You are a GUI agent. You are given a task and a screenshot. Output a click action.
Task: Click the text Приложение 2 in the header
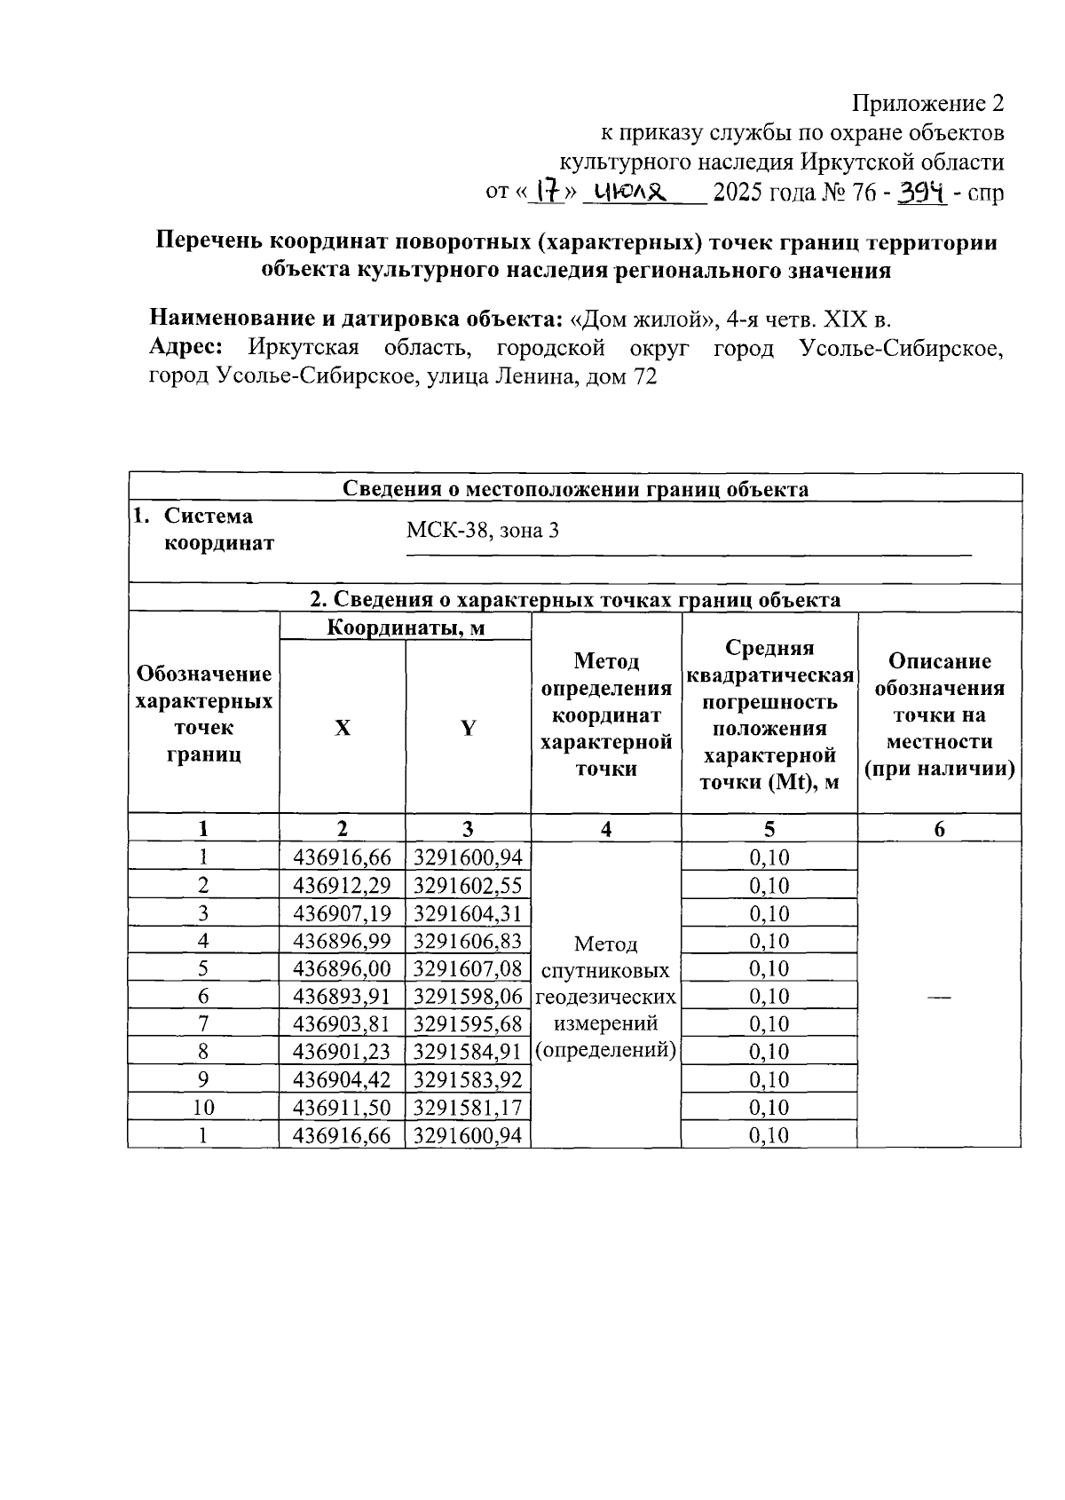(928, 104)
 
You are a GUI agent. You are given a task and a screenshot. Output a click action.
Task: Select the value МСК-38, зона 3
(483, 531)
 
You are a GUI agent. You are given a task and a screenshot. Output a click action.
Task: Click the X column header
(342, 728)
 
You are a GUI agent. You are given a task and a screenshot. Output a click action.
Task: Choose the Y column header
(468, 728)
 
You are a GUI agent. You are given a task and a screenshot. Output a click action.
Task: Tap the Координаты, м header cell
(406, 628)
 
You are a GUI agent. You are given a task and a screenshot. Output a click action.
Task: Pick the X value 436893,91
(342, 996)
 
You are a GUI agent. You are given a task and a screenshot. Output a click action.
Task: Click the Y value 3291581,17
(468, 1107)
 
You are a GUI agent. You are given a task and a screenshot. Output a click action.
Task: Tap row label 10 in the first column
(203, 1107)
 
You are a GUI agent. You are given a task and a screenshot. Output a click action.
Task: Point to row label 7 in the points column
(203, 1023)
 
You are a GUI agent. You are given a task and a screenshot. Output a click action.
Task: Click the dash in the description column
(938, 998)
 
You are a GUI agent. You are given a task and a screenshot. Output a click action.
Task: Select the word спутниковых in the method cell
(605, 969)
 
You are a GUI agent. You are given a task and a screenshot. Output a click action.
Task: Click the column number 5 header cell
(769, 829)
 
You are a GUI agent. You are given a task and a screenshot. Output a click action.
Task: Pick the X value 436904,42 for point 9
(342, 1079)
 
